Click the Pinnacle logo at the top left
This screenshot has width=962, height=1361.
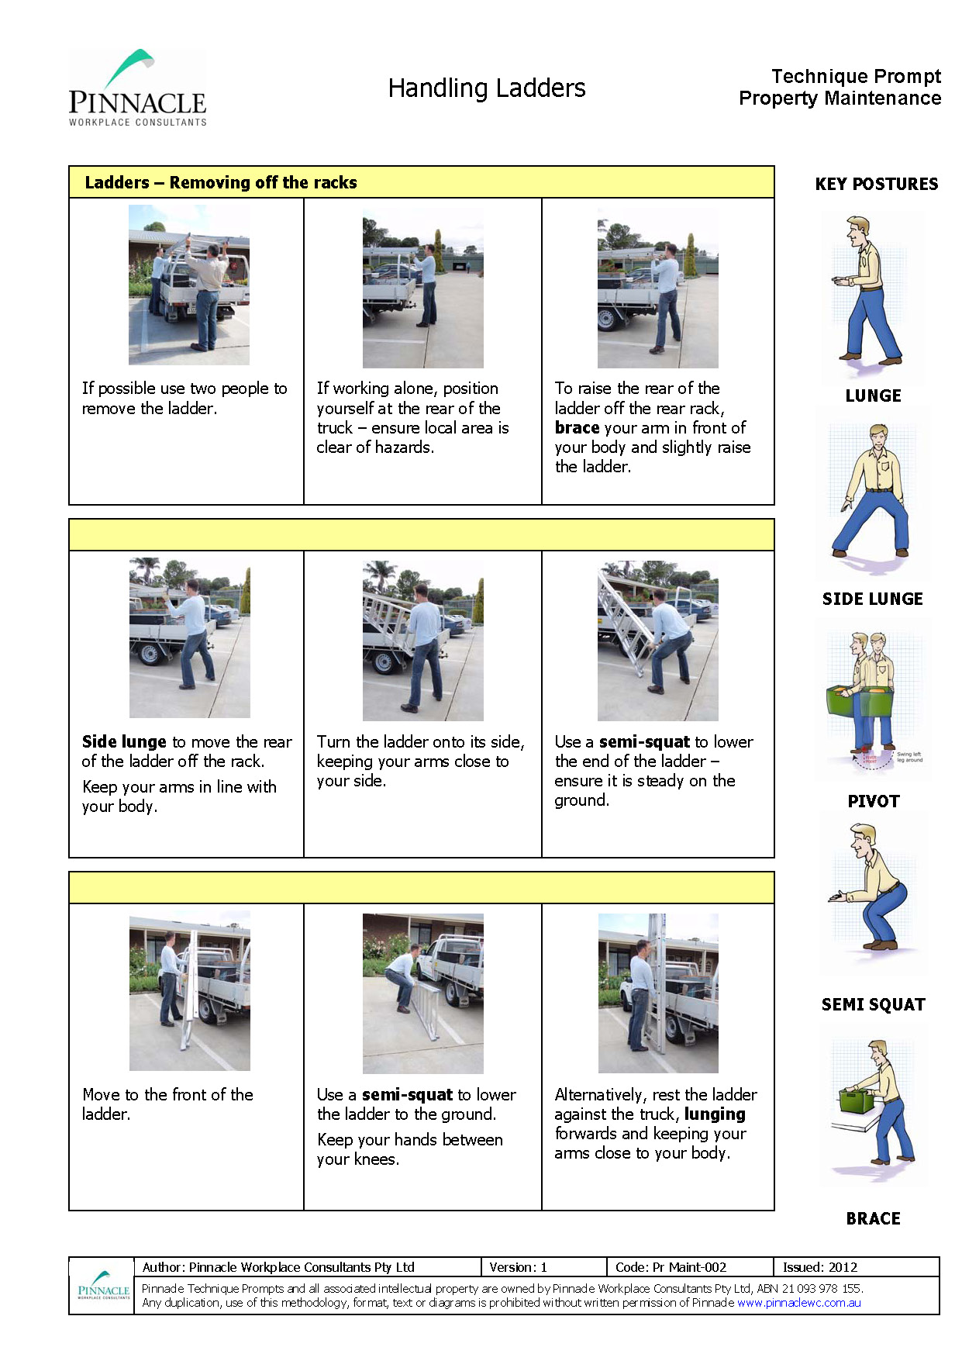point(137,88)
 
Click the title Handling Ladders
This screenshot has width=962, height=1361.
point(487,88)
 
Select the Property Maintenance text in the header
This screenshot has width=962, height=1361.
point(840,98)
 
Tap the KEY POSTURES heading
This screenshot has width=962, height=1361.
point(876,184)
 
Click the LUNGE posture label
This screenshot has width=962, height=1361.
point(873,396)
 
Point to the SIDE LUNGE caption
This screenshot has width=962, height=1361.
point(872,599)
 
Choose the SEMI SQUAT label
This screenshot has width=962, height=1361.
point(873,1004)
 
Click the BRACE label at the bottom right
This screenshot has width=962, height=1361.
point(873,1218)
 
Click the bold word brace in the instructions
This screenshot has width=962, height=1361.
point(577,428)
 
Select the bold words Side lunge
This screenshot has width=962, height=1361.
point(124,742)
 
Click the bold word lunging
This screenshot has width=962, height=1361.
point(715,1114)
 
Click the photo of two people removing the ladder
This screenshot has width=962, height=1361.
point(188,285)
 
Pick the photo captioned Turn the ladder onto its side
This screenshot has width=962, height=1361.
point(422,641)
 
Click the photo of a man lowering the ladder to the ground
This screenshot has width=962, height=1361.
point(422,993)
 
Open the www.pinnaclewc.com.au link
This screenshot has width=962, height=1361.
point(798,1302)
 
